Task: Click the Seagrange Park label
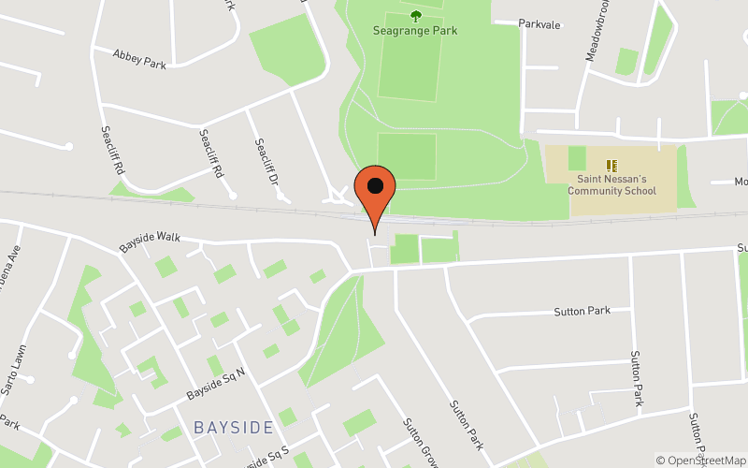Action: point(416,31)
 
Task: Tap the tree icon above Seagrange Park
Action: point(416,14)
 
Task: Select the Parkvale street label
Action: point(539,24)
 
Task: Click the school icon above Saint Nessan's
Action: point(612,166)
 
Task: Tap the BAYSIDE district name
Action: point(234,428)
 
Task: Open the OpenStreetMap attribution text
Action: point(700,460)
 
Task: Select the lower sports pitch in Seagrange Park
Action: point(407,156)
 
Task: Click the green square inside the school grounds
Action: point(577,158)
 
